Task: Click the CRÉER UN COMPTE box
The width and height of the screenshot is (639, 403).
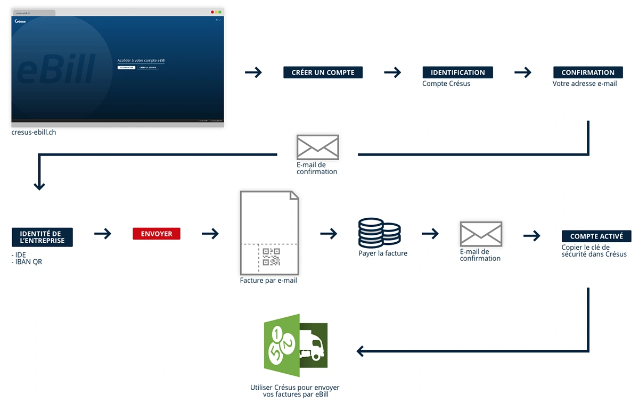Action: (323, 72)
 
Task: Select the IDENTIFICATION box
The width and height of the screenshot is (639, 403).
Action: (457, 72)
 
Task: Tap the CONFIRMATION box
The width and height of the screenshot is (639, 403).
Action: (588, 72)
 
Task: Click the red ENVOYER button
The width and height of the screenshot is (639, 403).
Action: (157, 234)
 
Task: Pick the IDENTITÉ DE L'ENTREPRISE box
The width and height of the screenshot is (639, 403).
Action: (42, 237)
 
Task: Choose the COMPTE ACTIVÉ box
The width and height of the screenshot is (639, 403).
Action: (596, 236)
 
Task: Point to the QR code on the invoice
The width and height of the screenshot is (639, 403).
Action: (272, 257)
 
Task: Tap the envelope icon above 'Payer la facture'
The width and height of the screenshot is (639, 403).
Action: (317, 147)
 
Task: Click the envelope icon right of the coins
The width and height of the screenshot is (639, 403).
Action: (481, 234)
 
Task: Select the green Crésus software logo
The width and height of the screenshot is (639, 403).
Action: (296, 343)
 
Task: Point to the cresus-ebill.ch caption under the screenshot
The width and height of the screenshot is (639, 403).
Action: (34, 132)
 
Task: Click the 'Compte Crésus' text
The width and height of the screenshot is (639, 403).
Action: (446, 84)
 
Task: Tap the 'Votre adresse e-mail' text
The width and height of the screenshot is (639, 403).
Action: (585, 84)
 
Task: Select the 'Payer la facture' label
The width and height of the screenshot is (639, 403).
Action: (383, 253)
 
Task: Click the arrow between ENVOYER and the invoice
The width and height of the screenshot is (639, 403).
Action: (210, 233)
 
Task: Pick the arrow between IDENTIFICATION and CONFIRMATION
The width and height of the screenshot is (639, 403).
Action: (523, 72)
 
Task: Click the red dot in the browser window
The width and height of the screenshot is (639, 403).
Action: (212, 12)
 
